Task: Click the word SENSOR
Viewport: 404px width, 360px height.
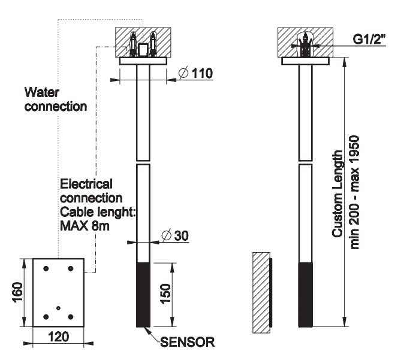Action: [x=187, y=343]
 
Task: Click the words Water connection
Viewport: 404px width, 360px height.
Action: [x=56, y=99]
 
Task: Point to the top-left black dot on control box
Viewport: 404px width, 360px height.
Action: [x=46, y=268]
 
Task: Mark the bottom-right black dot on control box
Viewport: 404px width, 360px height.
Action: [x=71, y=316]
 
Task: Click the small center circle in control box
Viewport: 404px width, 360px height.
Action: [x=58, y=308]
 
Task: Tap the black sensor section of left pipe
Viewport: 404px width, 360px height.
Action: [x=143, y=295]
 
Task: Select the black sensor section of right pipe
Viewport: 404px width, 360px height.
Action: [x=304, y=295]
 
